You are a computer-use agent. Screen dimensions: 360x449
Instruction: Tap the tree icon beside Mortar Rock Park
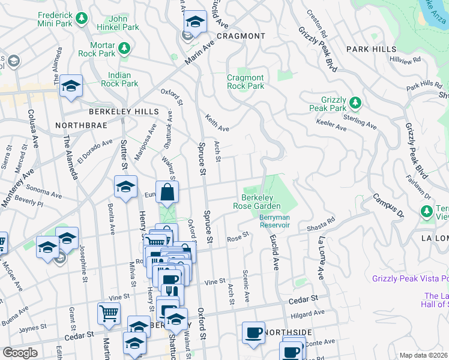pos(124,47)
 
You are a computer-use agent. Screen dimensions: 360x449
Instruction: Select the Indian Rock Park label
pos(123,80)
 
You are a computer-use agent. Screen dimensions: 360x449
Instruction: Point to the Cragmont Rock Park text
pos(246,82)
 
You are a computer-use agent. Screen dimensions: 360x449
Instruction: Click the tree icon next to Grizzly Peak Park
pos(355,103)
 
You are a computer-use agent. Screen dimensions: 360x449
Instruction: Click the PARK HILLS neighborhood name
pos(371,49)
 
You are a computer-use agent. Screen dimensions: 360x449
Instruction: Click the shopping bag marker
pos(167,193)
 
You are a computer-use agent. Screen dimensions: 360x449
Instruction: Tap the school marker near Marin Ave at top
pos(194,22)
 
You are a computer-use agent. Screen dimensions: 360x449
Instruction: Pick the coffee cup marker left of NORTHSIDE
pos(253,332)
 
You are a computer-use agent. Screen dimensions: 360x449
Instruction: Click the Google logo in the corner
pos(20,353)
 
